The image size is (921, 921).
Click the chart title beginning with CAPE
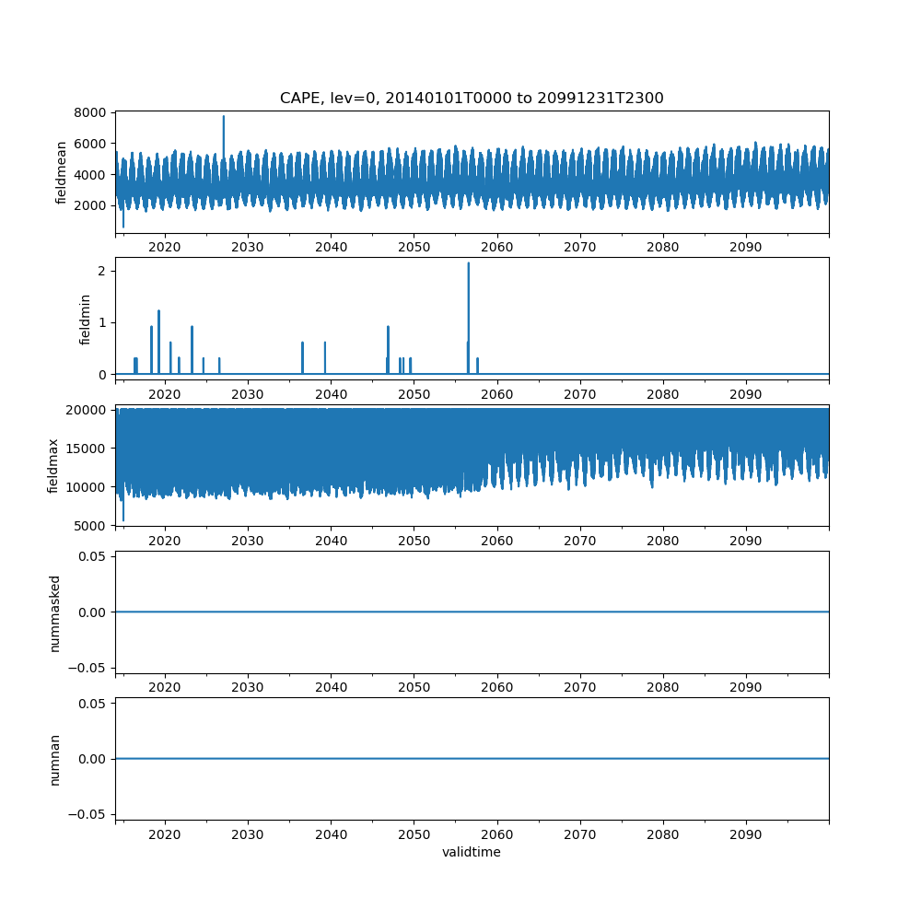click(x=472, y=98)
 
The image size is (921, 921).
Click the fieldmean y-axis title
click(x=62, y=172)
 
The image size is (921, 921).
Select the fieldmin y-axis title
click(x=86, y=319)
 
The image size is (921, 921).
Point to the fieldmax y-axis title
click(x=52, y=465)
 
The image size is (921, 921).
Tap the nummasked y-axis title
click(x=54, y=612)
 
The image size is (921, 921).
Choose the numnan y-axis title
click(x=54, y=759)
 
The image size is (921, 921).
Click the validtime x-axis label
click(x=472, y=853)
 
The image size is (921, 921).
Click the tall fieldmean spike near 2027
click(x=223, y=117)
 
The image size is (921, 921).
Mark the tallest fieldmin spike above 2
click(x=468, y=263)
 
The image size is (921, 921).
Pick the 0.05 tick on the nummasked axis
click(x=95, y=557)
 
